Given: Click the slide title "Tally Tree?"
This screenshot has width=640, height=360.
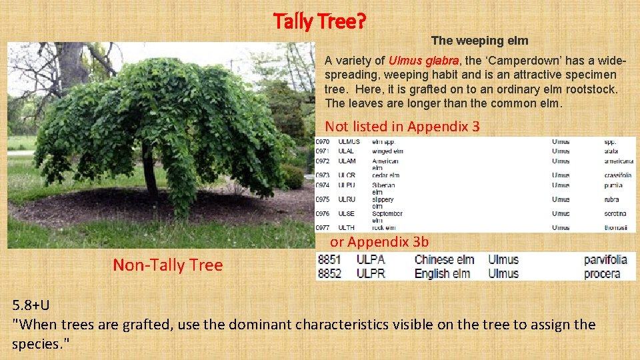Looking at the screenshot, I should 319,22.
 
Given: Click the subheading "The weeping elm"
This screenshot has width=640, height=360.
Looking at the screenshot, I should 479,41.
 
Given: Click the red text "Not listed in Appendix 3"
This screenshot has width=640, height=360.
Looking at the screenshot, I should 402,127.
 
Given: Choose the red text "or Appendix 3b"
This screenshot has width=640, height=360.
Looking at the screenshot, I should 379,241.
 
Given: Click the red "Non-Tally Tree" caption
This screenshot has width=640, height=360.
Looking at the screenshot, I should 167,265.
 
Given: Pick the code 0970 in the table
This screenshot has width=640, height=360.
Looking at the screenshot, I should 323,142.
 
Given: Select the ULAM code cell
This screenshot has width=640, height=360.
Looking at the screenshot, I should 347,161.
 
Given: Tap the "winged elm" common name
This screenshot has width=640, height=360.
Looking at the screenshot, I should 387,151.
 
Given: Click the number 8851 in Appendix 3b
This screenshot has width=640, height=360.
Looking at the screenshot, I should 329,260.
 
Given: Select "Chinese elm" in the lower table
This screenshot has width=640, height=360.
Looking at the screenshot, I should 444,260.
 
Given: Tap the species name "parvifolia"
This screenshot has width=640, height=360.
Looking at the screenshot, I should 605,260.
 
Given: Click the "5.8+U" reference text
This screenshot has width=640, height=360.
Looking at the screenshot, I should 31,305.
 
